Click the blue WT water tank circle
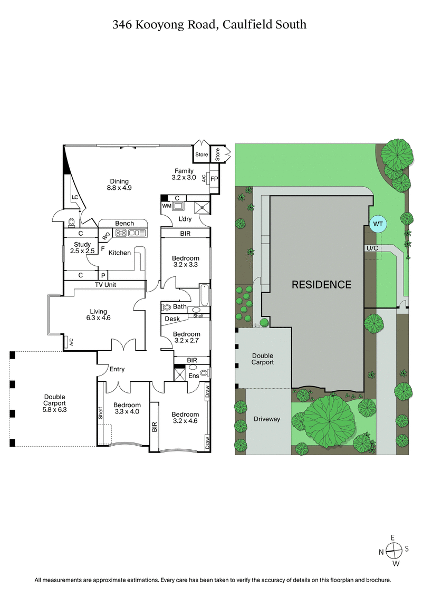377,224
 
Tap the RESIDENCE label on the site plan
322,285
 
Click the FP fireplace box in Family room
214,179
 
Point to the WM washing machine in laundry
166,205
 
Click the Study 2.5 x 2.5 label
82,248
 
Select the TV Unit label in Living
105,285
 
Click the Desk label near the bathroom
172,319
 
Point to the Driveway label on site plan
266,419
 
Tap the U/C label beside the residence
372,247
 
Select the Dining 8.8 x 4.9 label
119,185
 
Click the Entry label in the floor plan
117,369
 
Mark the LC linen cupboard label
75,198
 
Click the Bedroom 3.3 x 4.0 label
127,408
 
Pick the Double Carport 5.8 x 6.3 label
54,402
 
